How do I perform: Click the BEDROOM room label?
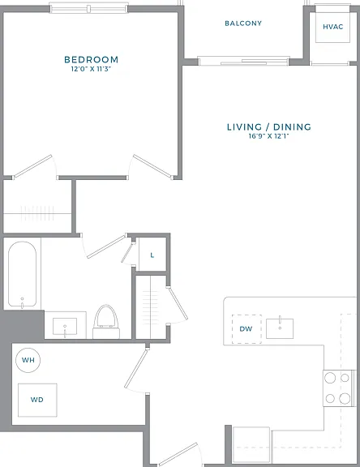[91, 59]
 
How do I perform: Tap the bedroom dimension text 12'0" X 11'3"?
[91, 69]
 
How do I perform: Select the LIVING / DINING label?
[269, 127]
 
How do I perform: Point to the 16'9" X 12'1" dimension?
[269, 136]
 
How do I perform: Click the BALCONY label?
[243, 24]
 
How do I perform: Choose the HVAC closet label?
[333, 27]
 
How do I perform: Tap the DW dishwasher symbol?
[246, 329]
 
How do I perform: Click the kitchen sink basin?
[280, 328]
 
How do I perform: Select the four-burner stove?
[339, 388]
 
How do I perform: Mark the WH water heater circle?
[28, 360]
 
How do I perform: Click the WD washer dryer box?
[37, 400]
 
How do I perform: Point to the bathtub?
[23, 274]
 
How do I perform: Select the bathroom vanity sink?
[65, 327]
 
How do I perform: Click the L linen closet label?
[152, 255]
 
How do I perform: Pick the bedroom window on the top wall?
[88, 8]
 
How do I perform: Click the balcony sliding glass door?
[243, 61]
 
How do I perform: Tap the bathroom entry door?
[106, 246]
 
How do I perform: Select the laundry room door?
[136, 369]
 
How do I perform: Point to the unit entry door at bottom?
[178, 455]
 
